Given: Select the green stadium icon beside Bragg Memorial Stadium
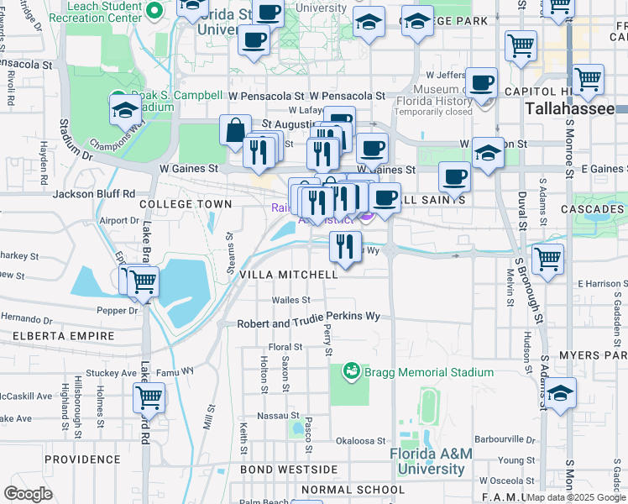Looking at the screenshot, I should click(x=351, y=370).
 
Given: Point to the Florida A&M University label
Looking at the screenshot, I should click(x=432, y=460).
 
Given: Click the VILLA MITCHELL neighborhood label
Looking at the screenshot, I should click(x=289, y=275).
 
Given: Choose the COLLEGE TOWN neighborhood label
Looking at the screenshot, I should click(x=186, y=204).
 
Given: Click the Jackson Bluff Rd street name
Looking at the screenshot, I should click(x=94, y=193).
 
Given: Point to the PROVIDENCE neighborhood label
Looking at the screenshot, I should click(x=83, y=459).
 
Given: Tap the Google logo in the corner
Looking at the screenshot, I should click(x=28, y=494).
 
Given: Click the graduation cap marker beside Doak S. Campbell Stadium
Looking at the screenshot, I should click(x=125, y=110).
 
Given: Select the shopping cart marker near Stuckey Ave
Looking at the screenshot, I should click(x=149, y=396).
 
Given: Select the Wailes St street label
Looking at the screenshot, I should click(x=290, y=300).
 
